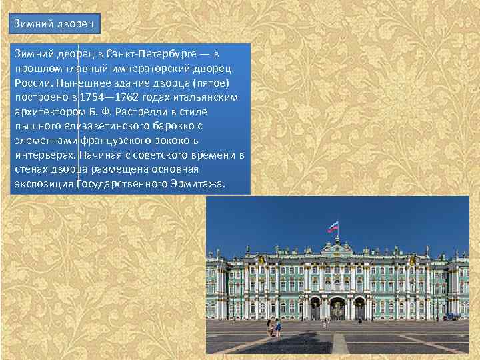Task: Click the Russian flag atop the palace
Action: [x=333, y=227]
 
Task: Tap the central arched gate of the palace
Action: [x=337, y=308]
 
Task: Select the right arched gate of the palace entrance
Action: [x=359, y=309]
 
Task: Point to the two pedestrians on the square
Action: [x=273, y=327]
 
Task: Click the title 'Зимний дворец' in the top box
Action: [x=55, y=25]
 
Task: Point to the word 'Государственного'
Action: [x=119, y=183]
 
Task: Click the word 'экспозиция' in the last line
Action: [x=43, y=183]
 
